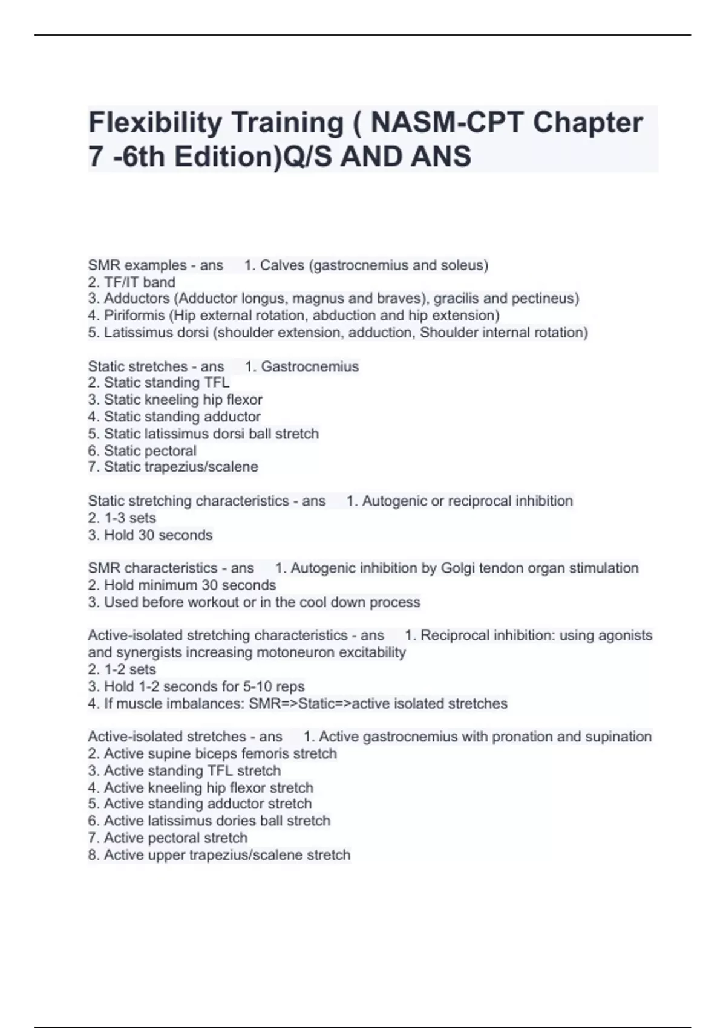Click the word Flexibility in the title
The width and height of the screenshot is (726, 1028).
pyautogui.click(x=155, y=123)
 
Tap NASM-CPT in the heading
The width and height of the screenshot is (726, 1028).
pyautogui.click(x=446, y=123)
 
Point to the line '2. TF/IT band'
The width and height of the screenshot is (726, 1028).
pyautogui.click(x=131, y=282)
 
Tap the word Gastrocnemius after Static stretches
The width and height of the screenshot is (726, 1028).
pyautogui.click(x=310, y=367)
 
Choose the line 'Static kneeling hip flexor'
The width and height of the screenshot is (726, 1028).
pyautogui.click(x=175, y=400)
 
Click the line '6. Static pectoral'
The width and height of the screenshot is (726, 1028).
pyautogui.click(x=142, y=451)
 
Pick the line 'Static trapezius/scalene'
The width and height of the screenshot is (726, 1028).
pyautogui.click(x=173, y=467)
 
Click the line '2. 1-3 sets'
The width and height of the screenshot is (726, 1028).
pyautogui.click(x=122, y=518)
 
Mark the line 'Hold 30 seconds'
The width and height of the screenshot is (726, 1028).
pyautogui.click(x=150, y=535)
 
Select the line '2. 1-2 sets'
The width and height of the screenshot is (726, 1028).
pyautogui.click(x=122, y=669)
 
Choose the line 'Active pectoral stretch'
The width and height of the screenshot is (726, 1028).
pyautogui.click(x=168, y=838)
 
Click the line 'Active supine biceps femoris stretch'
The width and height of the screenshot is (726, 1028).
pyautogui.click(x=212, y=754)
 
